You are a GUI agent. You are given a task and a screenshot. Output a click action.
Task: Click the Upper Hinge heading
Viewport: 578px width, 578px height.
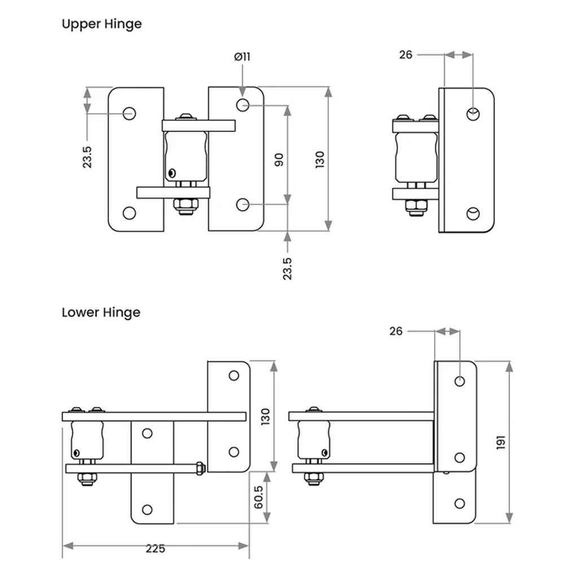(102, 24)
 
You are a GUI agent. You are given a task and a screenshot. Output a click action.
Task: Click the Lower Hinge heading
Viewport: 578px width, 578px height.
(101, 313)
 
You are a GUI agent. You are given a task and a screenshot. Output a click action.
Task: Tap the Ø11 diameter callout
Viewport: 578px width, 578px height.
(242, 57)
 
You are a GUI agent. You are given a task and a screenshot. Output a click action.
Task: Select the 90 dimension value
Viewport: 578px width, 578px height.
(279, 159)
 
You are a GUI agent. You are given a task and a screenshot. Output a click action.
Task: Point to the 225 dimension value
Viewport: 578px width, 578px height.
(155, 549)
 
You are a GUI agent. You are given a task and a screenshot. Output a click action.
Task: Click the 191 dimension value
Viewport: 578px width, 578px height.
(500, 443)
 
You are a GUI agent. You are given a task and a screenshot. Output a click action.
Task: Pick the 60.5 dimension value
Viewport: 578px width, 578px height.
(259, 497)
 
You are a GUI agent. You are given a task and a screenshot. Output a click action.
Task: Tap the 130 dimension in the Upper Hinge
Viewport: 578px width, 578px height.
(319, 160)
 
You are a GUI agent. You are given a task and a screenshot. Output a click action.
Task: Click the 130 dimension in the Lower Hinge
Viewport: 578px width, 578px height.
(265, 417)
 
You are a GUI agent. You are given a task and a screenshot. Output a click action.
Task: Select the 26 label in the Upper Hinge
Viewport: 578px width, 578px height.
(405, 55)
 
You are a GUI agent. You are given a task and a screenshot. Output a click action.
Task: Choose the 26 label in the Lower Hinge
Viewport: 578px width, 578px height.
(396, 331)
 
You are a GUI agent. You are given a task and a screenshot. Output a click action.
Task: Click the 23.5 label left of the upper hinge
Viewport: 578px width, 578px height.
(87, 157)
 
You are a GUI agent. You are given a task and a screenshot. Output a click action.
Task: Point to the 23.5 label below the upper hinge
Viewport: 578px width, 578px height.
(287, 269)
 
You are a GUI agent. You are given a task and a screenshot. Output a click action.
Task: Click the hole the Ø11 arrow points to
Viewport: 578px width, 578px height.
(243, 105)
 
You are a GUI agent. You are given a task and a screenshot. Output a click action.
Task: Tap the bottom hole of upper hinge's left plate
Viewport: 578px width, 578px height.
(129, 213)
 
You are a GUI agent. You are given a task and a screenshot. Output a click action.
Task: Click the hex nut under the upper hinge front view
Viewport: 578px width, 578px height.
(186, 207)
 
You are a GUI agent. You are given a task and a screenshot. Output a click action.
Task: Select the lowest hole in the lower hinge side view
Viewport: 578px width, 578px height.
(459, 503)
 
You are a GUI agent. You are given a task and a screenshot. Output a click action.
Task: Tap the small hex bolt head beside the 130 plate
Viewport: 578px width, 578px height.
(200, 468)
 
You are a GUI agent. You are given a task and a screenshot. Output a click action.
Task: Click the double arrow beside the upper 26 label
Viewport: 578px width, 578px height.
(458, 55)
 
